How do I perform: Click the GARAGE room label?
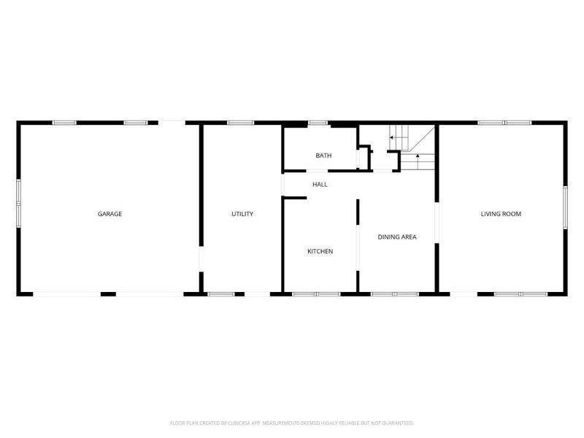click(x=109, y=214)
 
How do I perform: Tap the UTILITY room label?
click(x=242, y=214)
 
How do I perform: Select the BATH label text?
click(x=324, y=155)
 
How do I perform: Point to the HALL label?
click(x=320, y=185)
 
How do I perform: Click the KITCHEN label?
click(x=320, y=251)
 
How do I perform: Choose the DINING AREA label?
click(x=397, y=237)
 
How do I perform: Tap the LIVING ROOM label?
click(x=501, y=214)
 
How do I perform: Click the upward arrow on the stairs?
click(x=417, y=156)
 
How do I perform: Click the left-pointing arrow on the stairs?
click(x=393, y=137)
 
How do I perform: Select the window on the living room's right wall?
click(x=565, y=207)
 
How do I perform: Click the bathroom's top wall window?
click(x=318, y=123)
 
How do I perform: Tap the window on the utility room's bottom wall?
click(x=221, y=293)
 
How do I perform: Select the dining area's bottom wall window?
click(x=394, y=293)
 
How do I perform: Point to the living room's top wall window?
click(x=504, y=123)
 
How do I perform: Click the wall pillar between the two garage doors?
click(x=108, y=293)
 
